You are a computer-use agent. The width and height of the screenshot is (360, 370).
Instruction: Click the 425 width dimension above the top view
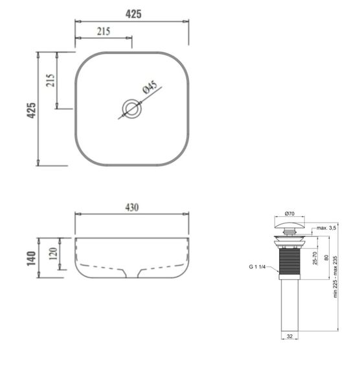[132, 13]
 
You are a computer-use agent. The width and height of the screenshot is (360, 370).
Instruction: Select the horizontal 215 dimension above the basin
[103, 31]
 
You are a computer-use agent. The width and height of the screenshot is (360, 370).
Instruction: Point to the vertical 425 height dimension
[30, 108]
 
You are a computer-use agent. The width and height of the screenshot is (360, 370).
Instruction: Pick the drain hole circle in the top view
[132, 108]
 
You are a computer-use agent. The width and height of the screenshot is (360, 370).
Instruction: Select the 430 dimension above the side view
[131, 207]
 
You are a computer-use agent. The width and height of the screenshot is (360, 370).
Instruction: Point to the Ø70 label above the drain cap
[289, 212]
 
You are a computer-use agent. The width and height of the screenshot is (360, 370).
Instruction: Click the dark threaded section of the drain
[289, 263]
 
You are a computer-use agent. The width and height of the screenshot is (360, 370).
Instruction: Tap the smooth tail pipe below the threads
[289, 308]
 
